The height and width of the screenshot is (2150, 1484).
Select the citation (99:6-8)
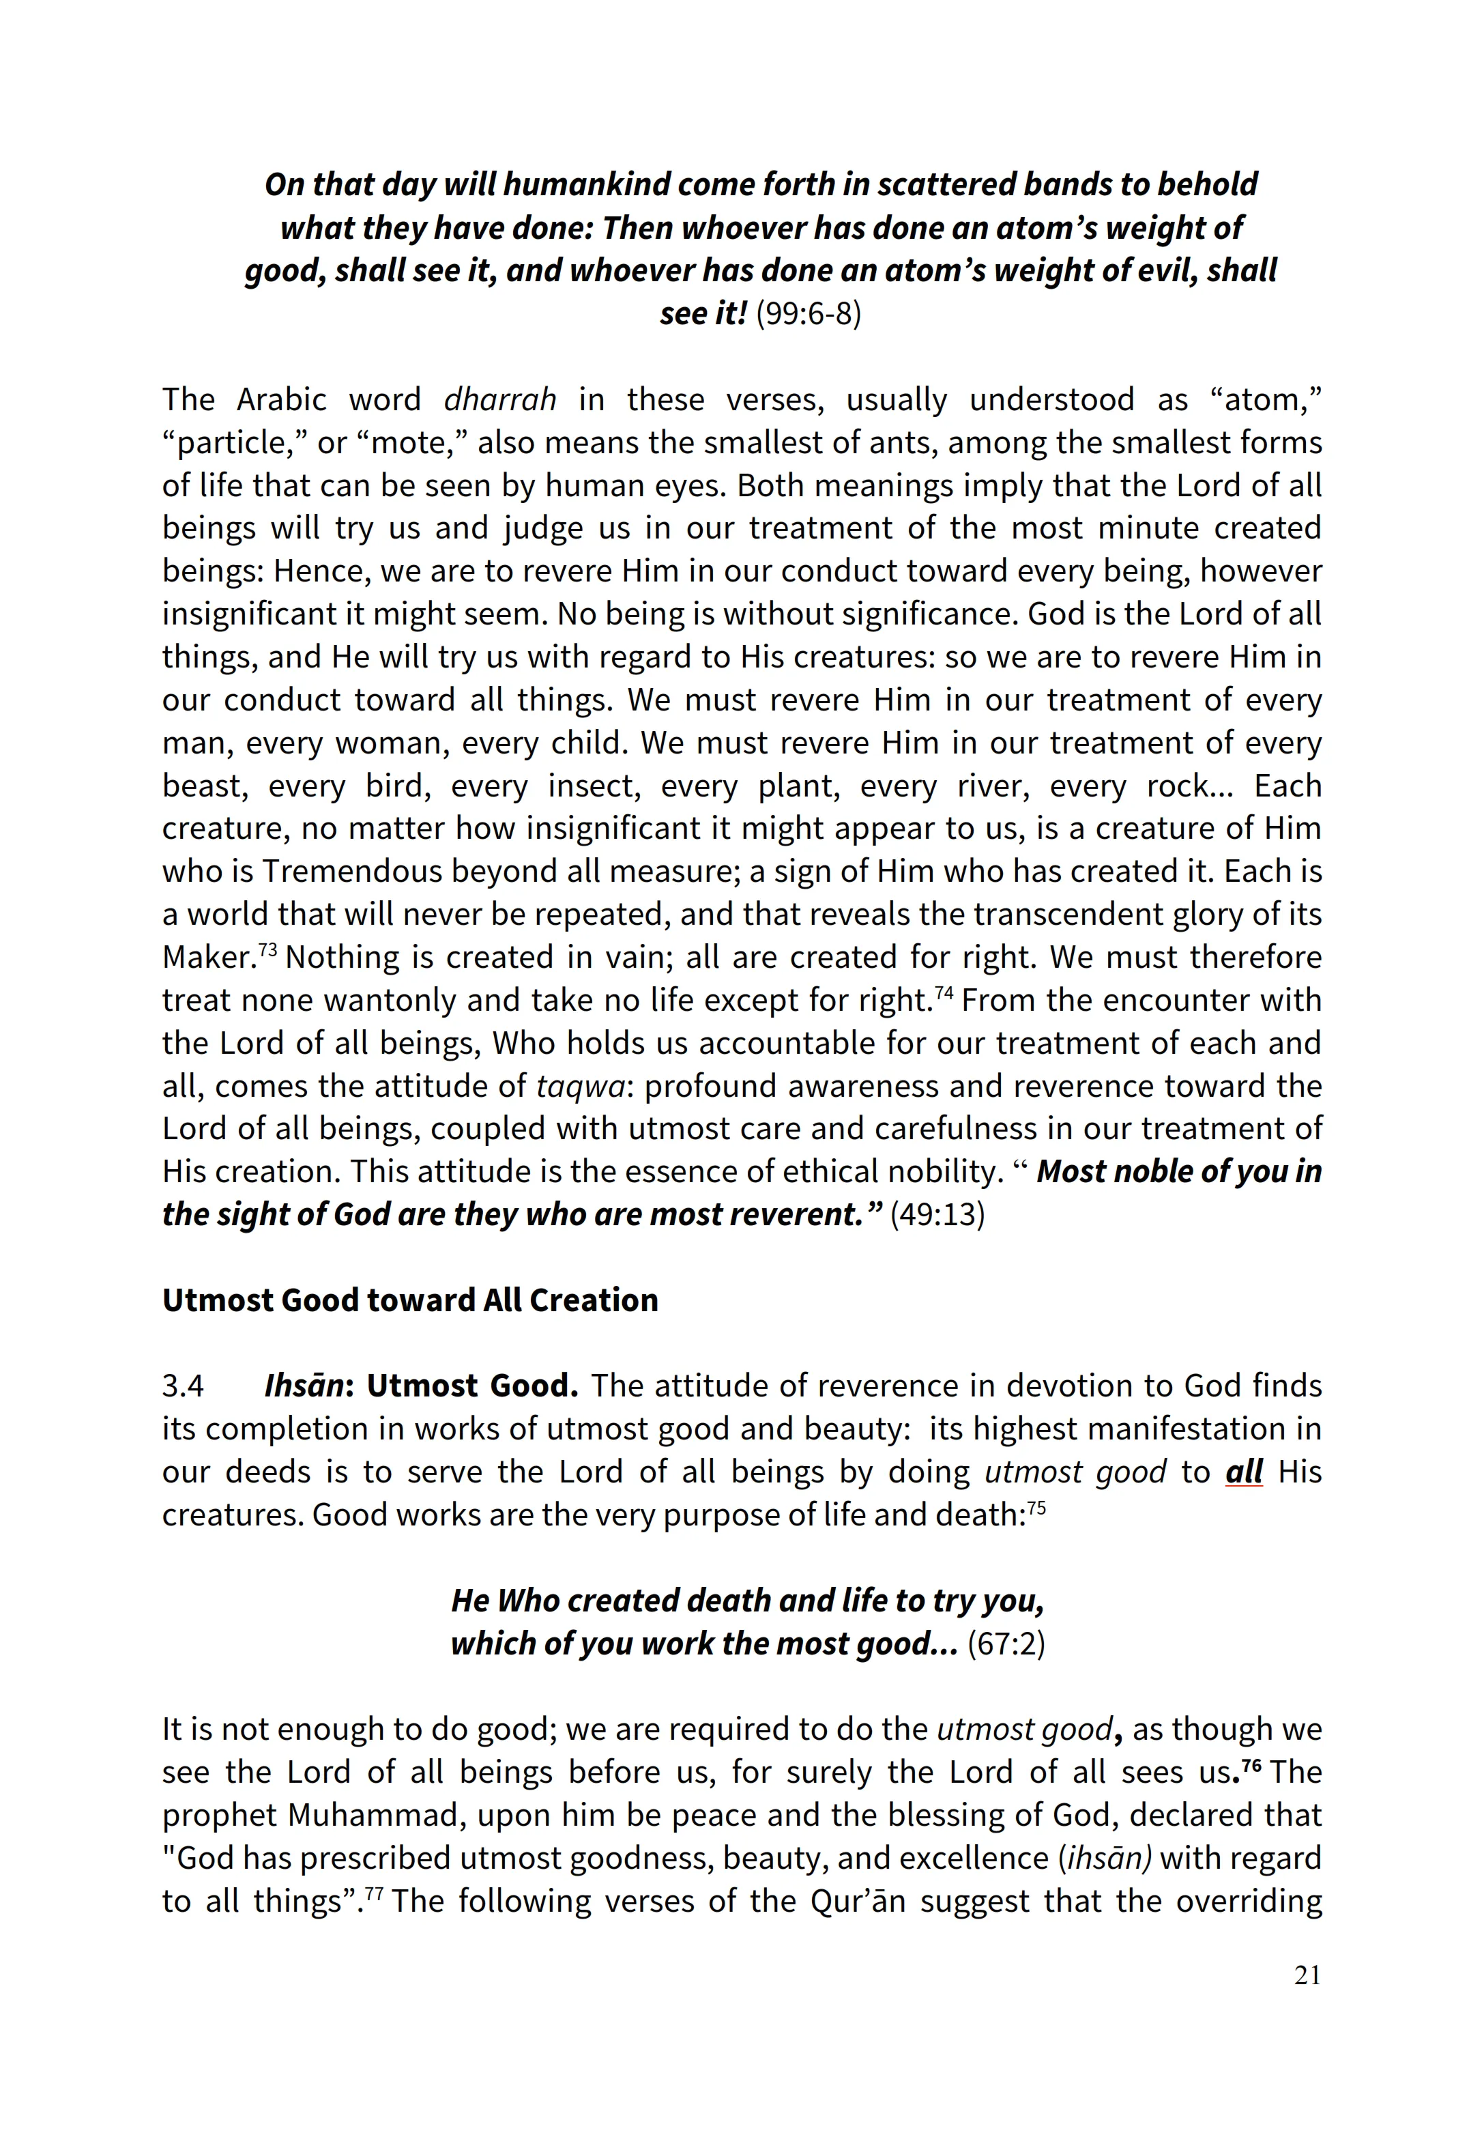808,313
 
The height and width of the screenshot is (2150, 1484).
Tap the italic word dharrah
499,399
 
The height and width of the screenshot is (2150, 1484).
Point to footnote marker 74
943,993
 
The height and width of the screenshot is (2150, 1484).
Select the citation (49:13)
937,1214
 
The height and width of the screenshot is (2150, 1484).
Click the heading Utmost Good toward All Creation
410,1300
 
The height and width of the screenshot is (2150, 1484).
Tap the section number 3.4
182,1386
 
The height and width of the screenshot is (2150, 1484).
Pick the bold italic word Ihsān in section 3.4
304,1386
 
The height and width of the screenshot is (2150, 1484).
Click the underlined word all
1243,1472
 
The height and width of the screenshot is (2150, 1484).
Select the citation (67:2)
1006,1644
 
